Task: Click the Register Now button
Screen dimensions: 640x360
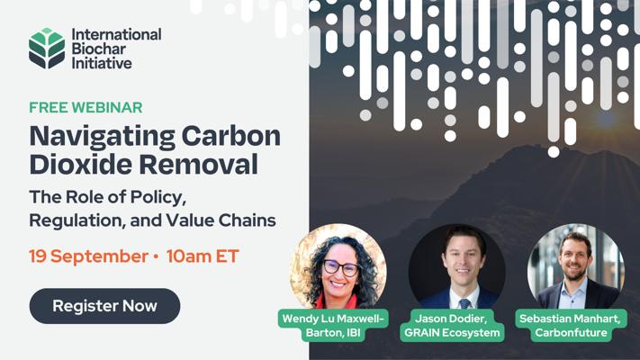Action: (x=104, y=306)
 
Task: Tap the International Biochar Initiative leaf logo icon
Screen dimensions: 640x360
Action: (x=47, y=49)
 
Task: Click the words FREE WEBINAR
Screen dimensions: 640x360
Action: (x=86, y=107)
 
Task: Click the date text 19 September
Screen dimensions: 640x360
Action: (x=88, y=256)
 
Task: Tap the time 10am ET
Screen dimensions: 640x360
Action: (x=203, y=256)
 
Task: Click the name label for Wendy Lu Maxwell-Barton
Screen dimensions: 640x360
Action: (x=333, y=325)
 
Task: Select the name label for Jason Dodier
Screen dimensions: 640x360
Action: (x=452, y=325)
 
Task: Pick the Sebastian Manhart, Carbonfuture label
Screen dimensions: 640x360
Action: (x=571, y=325)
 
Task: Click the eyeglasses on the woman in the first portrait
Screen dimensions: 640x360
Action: (x=341, y=268)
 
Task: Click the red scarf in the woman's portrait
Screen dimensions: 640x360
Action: (x=338, y=301)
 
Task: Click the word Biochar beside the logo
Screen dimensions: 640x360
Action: (x=99, y=49)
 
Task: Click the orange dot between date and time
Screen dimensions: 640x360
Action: (x=156, y=256)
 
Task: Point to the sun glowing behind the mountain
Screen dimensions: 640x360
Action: (x=607, y=119)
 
